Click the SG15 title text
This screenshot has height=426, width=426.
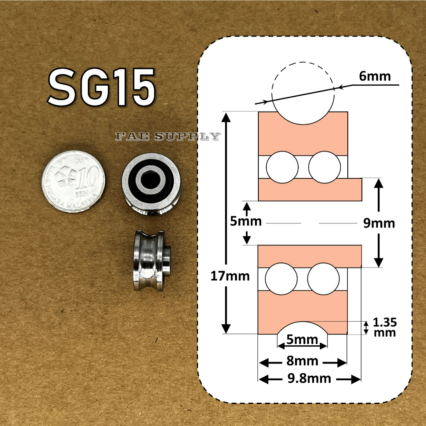(102, 88)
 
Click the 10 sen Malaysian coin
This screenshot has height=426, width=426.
(74, 182)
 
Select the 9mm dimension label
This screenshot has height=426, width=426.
(379, 223)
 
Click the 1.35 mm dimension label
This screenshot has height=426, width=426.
(385, 327)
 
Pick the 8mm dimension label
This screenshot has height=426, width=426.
(302, 361)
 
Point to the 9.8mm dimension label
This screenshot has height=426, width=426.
(309, 379)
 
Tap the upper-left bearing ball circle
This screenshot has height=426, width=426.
(282, 167)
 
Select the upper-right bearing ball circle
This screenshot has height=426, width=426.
(324, 167)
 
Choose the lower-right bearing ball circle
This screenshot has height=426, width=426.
(324, 278)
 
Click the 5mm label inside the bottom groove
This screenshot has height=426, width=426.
(302, 340)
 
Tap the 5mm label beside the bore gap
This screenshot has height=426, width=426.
(246, 221)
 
